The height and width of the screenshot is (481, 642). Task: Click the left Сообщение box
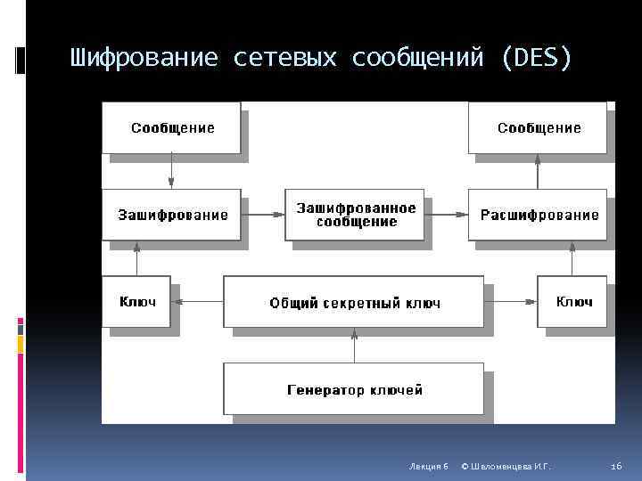172,127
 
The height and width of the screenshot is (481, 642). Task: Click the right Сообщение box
538,127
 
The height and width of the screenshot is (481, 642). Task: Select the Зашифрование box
172,215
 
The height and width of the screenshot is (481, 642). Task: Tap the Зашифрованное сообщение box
355,215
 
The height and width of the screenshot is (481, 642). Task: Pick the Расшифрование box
538,215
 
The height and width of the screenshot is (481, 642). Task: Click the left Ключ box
137,302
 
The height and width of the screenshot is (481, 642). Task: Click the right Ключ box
572,302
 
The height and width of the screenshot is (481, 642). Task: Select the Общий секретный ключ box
354,303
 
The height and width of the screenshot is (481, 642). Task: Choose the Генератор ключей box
354,389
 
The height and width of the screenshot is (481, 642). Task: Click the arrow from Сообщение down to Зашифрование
172,171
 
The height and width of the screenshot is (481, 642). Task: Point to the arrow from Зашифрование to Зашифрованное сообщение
263,215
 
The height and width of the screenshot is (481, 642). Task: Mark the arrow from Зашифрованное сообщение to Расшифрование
446,215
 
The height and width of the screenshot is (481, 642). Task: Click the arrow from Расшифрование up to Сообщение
538,171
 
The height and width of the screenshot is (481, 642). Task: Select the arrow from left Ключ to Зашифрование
137,258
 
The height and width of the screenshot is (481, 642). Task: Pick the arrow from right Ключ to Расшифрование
572,258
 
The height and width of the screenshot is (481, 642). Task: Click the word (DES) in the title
538,59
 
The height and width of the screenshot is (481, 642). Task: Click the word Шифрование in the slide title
144,59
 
